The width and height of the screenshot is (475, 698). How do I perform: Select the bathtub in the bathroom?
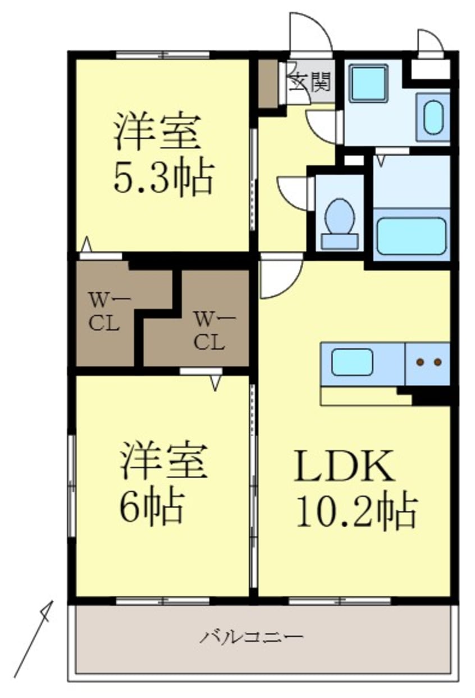(x=412, y=235)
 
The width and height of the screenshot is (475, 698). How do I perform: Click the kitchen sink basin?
(x=352, y=362)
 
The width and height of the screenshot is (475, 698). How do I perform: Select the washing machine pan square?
(x=368, y=83)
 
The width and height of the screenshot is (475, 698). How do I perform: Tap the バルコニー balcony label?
(x=253, y=637)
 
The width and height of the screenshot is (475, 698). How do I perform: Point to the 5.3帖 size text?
(x=164, y=178)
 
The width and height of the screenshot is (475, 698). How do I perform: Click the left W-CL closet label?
(x=106, y=312)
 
